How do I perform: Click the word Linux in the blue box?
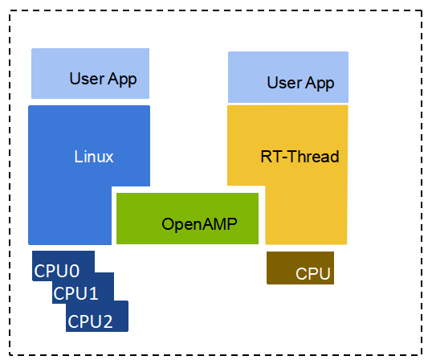(x=94, y=157)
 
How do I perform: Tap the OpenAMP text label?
(x=199, y=224)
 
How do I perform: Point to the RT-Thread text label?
(x=300, y=157)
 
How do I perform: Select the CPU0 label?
(x=57, y=271)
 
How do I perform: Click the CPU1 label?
(x=75, y=293)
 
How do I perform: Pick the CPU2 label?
(x=90, y=321)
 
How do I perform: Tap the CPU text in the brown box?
(x=313, y=273)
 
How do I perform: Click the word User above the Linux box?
(x=87, y=79)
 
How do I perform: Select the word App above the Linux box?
(x=122, y=80)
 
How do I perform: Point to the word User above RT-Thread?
(x=284, y=83)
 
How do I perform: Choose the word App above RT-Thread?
(x=320, y=84)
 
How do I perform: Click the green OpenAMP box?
(x=188, y=219)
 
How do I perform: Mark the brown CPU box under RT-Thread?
(x=300, y=268)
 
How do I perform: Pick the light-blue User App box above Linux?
(x=91, y=73)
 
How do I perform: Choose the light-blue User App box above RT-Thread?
(x=288, y=77)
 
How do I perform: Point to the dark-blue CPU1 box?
(x=83, y=288)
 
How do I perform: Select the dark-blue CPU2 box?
(x=97, y=317)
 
